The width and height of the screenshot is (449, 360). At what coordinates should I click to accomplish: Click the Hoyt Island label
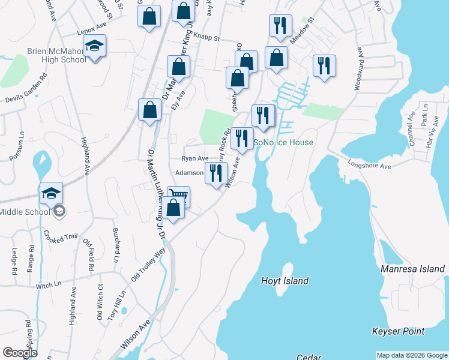coord(285,281)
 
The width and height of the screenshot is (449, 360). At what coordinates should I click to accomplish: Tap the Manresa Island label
coord(413,269)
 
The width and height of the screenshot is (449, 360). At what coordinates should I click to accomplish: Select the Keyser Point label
coord(398,331)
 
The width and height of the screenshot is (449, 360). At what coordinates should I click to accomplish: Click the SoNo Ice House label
coord(283,142)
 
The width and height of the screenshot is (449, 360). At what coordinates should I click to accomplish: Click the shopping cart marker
coord(178,197)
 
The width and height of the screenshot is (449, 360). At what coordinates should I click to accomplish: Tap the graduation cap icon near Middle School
coord(52,193)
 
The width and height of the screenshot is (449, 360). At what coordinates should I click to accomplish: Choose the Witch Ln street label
coord(49,285)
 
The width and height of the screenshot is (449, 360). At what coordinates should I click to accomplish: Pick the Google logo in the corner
coord(19,353)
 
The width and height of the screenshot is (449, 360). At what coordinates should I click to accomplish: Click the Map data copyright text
coord(412,355)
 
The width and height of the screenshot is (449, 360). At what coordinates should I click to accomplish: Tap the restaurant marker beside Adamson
coord(217,173)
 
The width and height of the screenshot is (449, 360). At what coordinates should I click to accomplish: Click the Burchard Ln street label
coord(115,245)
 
